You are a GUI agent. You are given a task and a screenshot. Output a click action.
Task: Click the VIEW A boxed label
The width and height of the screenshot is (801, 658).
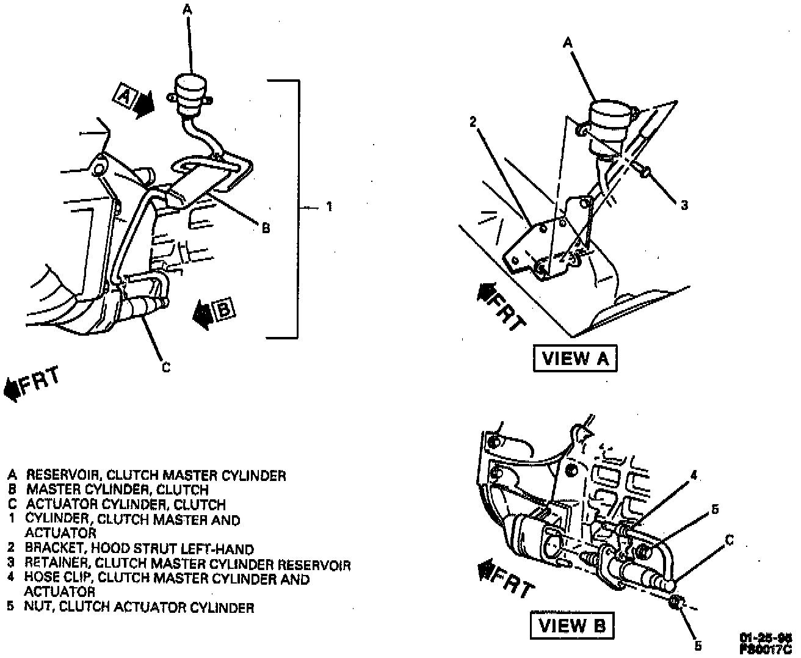pos(574,358)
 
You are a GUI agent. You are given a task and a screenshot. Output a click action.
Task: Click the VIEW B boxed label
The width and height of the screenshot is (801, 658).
pos(571,626)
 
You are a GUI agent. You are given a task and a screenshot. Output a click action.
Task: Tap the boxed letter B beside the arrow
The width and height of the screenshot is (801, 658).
pos(224,310)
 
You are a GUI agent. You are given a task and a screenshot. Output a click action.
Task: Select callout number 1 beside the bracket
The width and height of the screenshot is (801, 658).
pos(329,207)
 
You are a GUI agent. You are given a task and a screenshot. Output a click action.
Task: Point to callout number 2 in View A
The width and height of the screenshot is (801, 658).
pos(473,121)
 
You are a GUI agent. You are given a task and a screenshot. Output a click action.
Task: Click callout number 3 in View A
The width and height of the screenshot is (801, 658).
pos(684,205)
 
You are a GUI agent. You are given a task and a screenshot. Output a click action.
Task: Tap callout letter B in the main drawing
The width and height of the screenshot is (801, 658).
pos(266,228)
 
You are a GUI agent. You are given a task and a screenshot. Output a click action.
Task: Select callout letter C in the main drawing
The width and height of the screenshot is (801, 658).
pos(165,367)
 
